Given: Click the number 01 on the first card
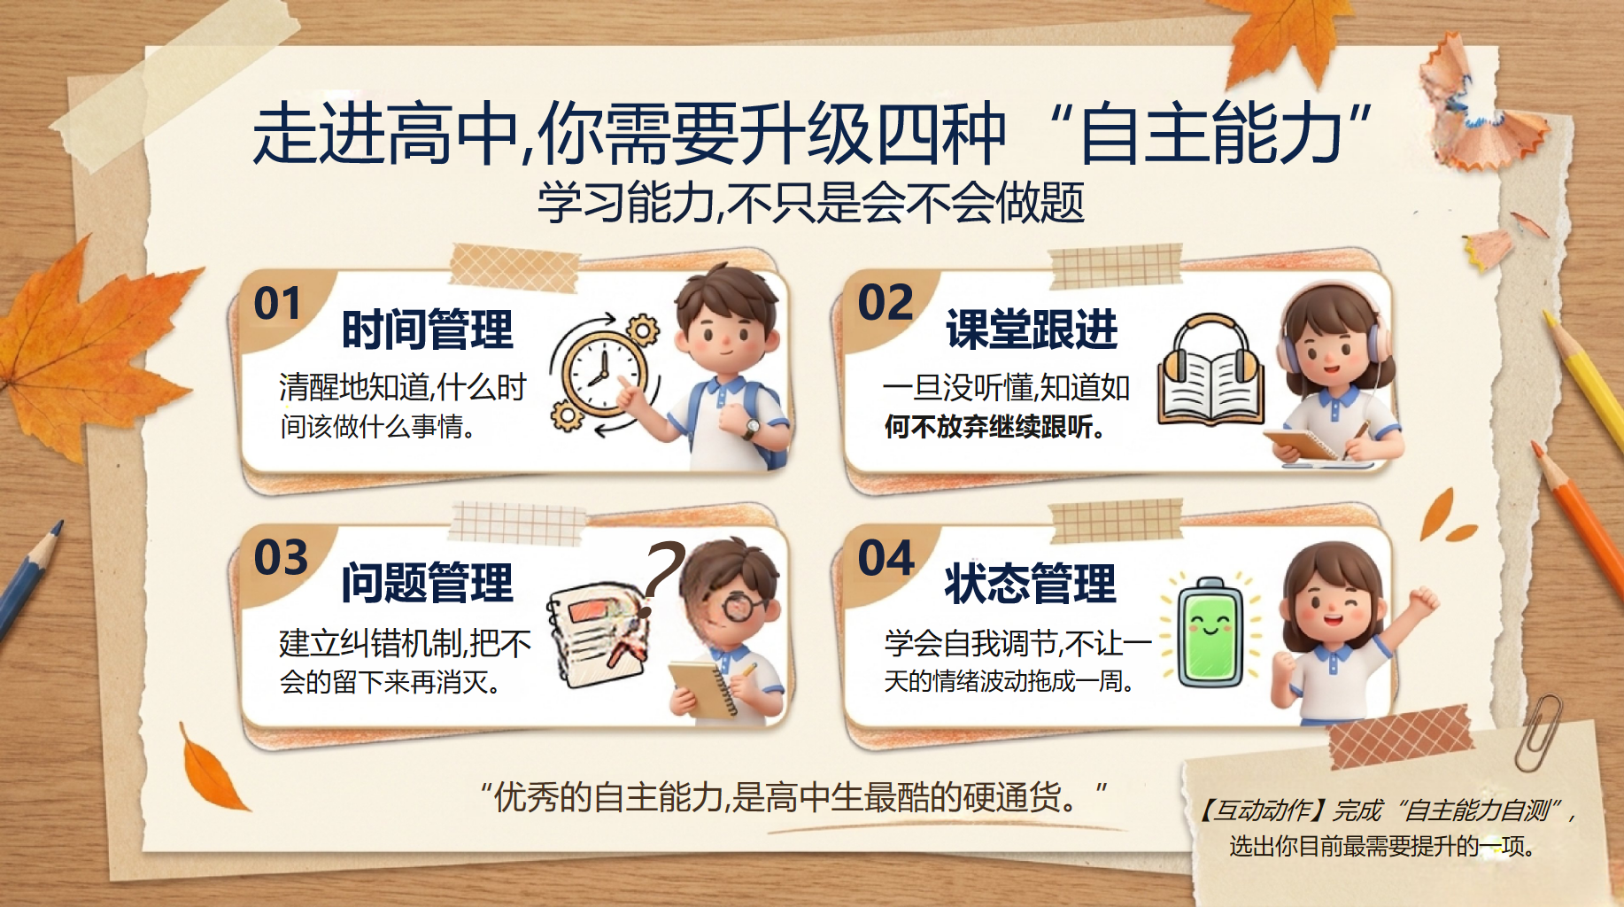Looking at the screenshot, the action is (x=277, y=304).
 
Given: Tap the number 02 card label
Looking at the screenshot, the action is (x=885, y=303).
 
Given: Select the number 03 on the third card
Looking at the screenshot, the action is (x=281, y=558).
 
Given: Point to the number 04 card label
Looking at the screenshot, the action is (x=885, y=558).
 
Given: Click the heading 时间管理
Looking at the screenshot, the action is (x=427, y=329).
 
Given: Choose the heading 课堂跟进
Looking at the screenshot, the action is (x=1032, y=329).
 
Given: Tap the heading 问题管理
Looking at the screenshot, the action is (x=427, y=583).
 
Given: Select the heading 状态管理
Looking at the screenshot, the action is (x=1031, y=583).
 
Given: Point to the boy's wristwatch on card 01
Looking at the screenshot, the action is (x=751, y=429).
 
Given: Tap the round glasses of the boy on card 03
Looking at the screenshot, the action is (x=745, y=607).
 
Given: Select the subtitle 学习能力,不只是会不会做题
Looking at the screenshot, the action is (x=811, y=203).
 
